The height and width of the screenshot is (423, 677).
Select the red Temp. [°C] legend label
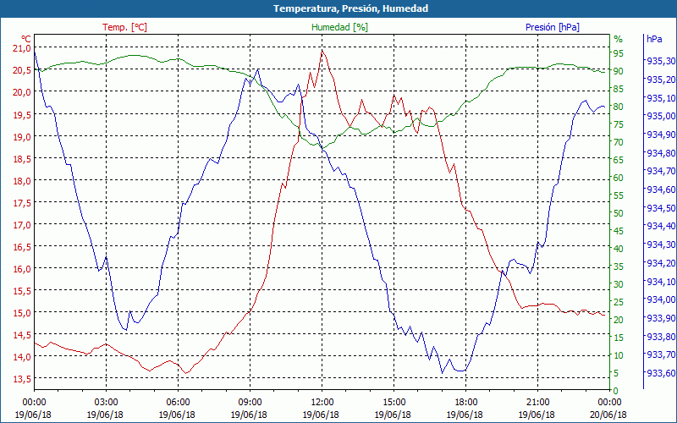click(124, 27)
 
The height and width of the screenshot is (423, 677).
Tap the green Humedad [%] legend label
click(339, 27)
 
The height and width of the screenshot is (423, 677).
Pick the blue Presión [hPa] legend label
click(553, 27)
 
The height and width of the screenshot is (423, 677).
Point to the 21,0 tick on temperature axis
click(20, 48)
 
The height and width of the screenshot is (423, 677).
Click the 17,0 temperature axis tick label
click(20, 225)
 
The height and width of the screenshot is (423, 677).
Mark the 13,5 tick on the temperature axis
click(20, 379)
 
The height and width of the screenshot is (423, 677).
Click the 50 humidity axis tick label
click(619, 213)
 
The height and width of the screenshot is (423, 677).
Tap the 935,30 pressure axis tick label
click(660, 62)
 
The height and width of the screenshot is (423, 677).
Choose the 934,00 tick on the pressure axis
click(660, 299)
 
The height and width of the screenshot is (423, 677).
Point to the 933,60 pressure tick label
click(660, 373)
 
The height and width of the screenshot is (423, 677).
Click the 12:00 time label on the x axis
click(322, 402)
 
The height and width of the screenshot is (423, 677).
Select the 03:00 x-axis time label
click(106, 402)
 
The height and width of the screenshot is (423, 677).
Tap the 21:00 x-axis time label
click(537, 402)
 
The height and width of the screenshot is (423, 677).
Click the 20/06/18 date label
click(609, 414)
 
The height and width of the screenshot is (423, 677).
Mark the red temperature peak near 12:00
click(322, 51)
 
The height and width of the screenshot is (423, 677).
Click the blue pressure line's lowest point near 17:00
click(442, 373)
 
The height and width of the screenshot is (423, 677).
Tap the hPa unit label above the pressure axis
click(654, 39)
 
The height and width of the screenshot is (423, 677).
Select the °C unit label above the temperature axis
click(26, 39)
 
